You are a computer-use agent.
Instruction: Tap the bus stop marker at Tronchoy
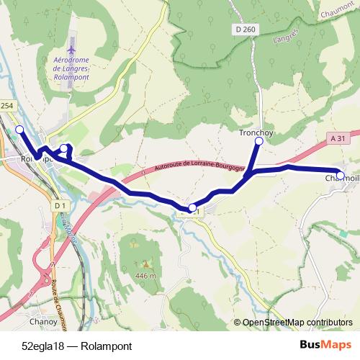(258, 142)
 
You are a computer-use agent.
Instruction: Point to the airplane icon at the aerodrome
(71, 38)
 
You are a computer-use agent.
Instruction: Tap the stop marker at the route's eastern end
(340, 174)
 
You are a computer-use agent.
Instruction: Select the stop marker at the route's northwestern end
(20, 129)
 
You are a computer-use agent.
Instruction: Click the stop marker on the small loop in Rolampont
(64, 148)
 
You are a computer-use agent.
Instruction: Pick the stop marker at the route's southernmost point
(192, 209)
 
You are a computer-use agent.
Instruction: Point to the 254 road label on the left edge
(7, 106)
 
